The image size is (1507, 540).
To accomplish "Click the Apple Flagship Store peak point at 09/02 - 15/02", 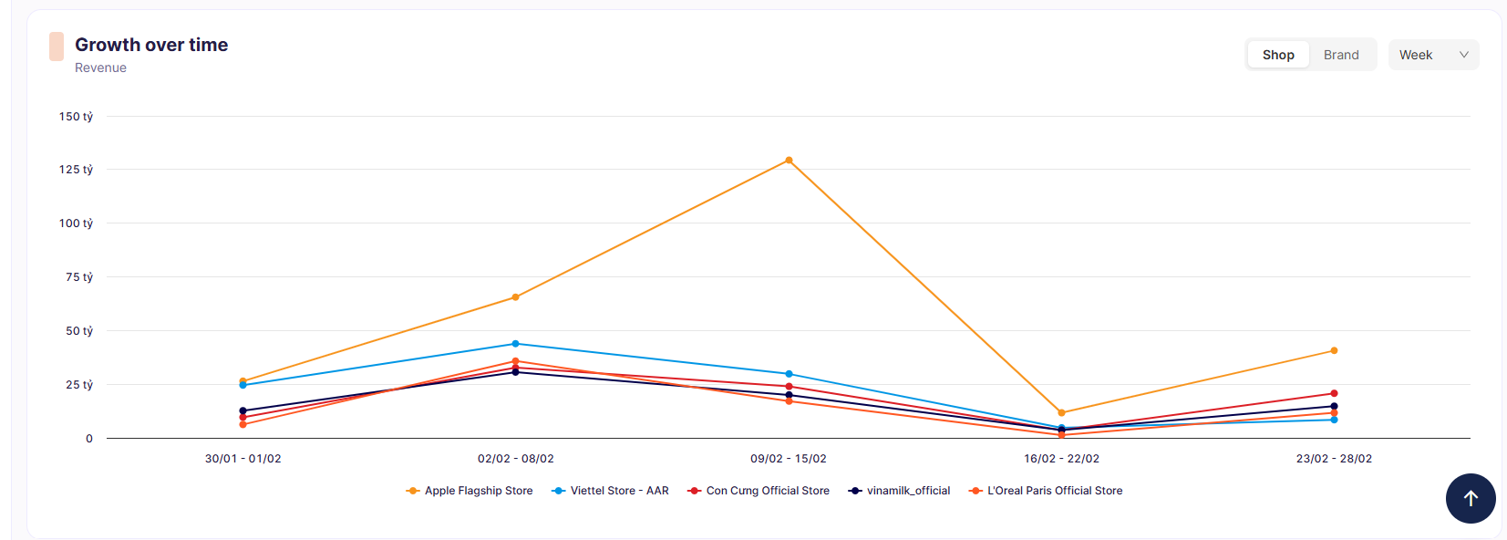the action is [789, 161].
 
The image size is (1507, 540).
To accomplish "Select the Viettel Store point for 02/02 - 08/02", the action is [515, 344].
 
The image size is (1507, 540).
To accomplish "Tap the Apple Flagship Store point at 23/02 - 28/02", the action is [1334, 351].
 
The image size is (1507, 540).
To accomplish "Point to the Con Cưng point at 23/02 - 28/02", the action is [1334, 393].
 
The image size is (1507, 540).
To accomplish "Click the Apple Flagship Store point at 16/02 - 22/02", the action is [1061, 412].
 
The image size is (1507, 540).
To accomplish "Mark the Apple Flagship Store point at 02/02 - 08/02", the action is [515, 297].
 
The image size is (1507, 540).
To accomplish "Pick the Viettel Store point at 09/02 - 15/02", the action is [789, 374].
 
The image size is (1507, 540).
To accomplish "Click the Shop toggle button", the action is [1278, 55].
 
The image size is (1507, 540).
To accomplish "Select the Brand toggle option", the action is [1341, 55].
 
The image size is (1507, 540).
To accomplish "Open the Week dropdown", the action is [1434, 55].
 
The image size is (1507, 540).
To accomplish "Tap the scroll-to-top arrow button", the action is [1471, 498].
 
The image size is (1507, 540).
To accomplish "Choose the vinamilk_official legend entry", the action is [900, 491].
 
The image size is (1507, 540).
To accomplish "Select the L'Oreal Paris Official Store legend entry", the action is [1046, 491].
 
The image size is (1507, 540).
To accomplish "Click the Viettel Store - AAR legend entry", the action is [610, 491].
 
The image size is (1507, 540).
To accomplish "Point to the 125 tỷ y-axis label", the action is [76, 170].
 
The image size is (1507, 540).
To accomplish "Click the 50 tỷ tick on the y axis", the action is [79, 331].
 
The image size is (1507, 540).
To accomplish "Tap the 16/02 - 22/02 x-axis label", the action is [1061, 459].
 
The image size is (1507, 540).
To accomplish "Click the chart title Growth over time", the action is [151, 45].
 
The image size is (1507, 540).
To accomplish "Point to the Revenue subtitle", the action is [100, 67].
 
